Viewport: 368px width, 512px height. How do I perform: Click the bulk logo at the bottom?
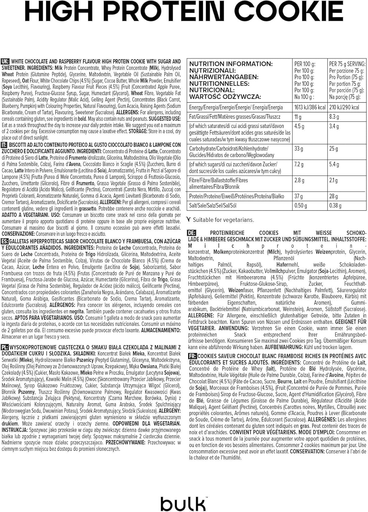[x=183, y=503]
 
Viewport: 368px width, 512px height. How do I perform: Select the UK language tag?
[x=5, y=61]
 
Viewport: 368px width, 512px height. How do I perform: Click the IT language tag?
[x=4, y=145]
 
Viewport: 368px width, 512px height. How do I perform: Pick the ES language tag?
[x=5, y=241]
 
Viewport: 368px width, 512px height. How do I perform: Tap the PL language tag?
[x=5, y=347]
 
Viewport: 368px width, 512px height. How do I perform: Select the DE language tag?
[x=191, y=233]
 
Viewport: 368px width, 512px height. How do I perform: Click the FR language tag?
[x=192, y=356]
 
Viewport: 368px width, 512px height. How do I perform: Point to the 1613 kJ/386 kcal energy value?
[x=310, y=107]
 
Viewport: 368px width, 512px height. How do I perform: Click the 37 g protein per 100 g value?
[x=298, y=196]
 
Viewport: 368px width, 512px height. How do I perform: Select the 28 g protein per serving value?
[x=333, y=196]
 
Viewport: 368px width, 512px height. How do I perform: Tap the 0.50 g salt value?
[x=301, y=205]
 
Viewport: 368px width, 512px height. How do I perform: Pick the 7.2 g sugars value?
[x=299, y=165]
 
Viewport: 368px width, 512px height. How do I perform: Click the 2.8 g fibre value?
[x=299, y=180]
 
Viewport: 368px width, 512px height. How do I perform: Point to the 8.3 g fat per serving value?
[x=334, y=117]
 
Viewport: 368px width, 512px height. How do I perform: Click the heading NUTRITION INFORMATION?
[x=231, y=64]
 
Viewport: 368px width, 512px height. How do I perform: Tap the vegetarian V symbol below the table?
[x=189, y=219]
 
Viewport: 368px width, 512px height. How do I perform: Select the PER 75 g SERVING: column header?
[x=347, y=64]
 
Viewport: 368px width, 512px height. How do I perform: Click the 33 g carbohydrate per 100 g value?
[x=298, y=149]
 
